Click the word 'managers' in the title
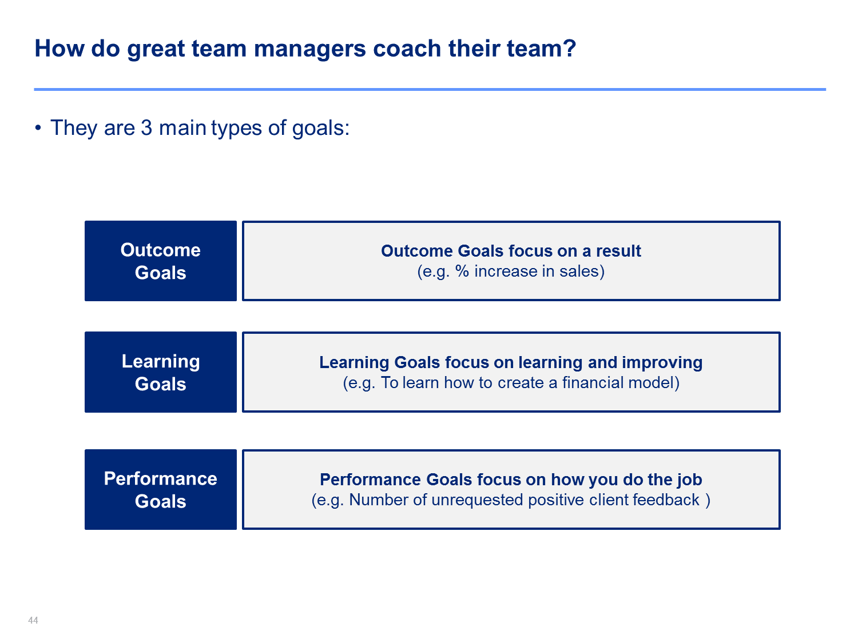click(309, 50)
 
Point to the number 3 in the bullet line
click(146, 127)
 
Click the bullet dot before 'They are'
click(38, 127)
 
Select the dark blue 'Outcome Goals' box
click(160, 261)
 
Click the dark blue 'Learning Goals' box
click(160, 372)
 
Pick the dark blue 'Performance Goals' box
click(160, 489)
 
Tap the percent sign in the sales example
click(462, 271)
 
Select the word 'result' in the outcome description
click(618, 251)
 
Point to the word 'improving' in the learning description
click(662, 363)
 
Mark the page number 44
click(33, 620)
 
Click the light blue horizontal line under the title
click(430, 89)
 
